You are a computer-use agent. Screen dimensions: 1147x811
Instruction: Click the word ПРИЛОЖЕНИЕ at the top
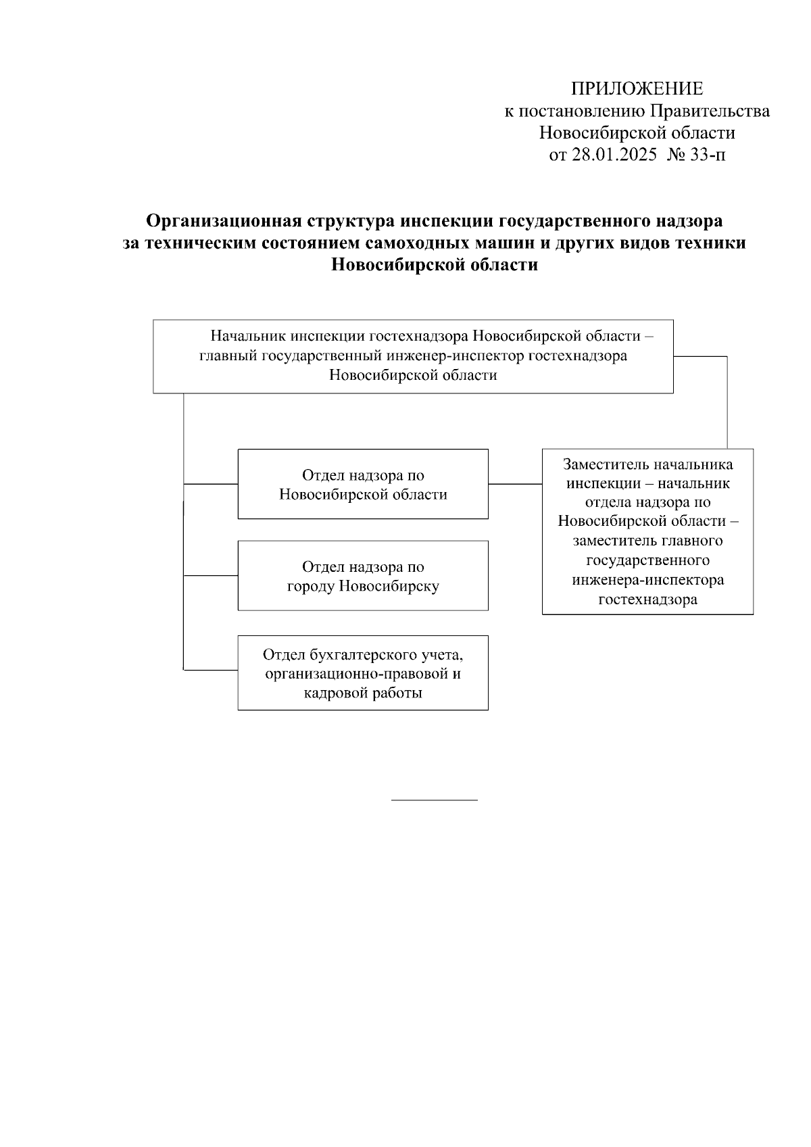[x=637, y=89]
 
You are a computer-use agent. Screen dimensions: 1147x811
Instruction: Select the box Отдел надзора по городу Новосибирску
[x=363, y=576]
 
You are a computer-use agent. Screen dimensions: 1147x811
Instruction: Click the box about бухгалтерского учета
[x=363, y=673]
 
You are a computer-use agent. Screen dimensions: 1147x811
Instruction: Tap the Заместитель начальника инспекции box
[x=647, y=531]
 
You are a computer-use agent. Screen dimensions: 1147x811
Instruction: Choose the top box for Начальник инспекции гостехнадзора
[x=413, y=356]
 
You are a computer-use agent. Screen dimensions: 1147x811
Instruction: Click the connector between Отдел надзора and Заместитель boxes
[x=515, y=484]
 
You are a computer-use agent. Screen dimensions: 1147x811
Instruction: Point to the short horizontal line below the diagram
[x=435, y=800]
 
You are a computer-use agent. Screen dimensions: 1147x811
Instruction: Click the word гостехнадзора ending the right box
[x=647, y=600]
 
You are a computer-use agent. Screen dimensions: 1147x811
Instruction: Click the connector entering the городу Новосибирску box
[x=210, y=576]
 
